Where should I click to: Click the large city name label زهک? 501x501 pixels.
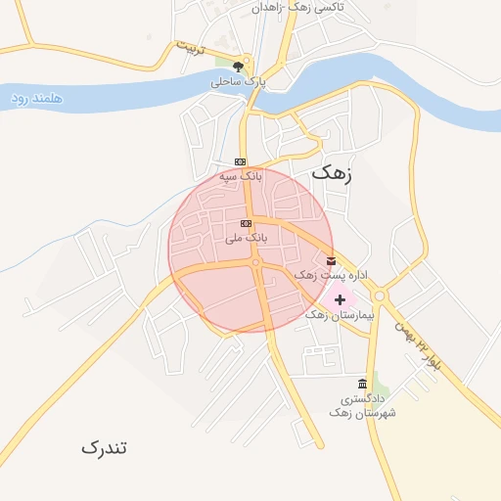(329, 172)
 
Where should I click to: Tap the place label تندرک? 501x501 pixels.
(104, 447)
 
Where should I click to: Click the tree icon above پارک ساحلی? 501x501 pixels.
(238, 68)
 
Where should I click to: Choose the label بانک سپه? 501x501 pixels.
(241, 176)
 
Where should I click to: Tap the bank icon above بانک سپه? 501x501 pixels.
(241, 161)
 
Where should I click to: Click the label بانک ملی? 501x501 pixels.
(246, 238)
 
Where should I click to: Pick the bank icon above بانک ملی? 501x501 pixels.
(246, 223)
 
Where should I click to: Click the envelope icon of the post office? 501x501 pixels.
(331, 261)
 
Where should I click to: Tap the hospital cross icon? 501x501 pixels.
(340, 298)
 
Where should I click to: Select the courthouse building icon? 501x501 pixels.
(363, 384)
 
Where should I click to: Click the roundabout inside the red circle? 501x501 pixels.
(255, 262)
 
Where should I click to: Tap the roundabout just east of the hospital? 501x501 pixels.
(379, 296)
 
